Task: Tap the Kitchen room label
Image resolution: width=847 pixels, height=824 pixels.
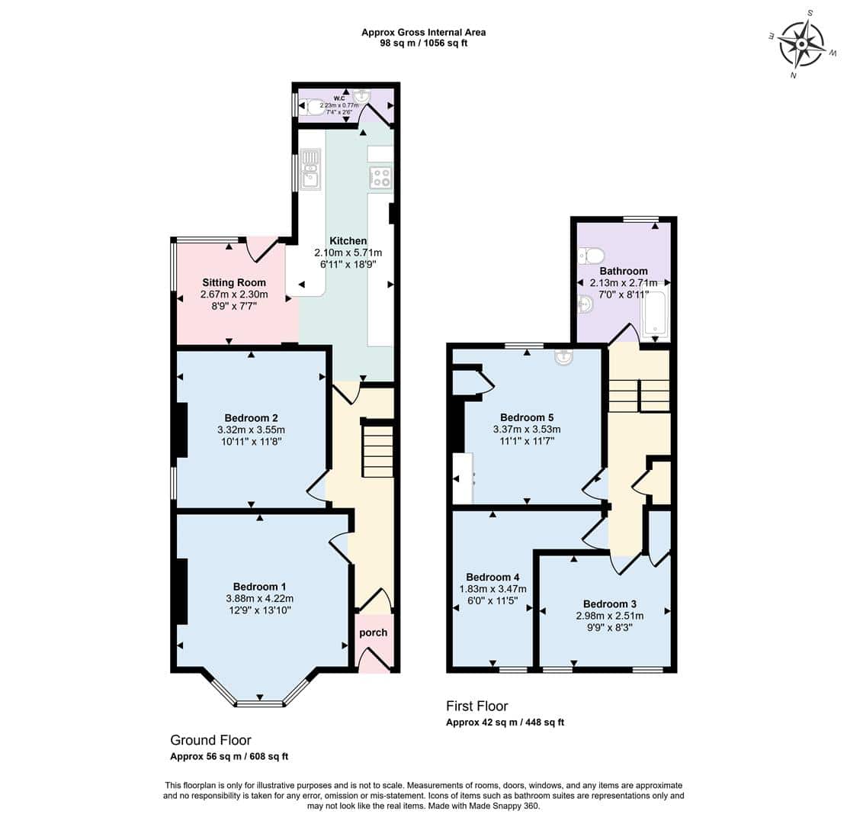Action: (x=348, y=240)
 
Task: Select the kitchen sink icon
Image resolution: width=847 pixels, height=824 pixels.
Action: (x=310, y=169)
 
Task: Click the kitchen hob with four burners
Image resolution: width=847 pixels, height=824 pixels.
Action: (x=380, y=178)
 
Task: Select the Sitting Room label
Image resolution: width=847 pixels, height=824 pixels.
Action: (x=234, y=282)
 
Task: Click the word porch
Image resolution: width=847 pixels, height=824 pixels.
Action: (x=374, y=632)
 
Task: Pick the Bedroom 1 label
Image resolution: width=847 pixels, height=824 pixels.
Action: (x=259, y=587)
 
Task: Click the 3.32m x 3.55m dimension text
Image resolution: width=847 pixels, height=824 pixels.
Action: (x=251, y=430)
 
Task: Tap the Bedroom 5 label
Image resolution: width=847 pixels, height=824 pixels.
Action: (x=527, y=417)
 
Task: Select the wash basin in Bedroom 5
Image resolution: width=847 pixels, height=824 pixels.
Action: (x=563, y=357)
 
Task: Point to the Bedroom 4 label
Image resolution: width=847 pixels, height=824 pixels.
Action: (x=492, y=577)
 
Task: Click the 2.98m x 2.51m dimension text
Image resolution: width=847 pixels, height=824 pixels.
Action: (x=610, y=616)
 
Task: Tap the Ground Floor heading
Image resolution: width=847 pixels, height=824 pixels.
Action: (x=210, y=739)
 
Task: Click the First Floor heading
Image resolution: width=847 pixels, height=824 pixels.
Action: (x=477, y=706)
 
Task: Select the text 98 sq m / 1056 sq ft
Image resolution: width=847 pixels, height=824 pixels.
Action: (x=424, y=43)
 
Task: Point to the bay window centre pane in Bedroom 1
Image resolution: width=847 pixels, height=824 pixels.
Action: (x=260, y=703)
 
